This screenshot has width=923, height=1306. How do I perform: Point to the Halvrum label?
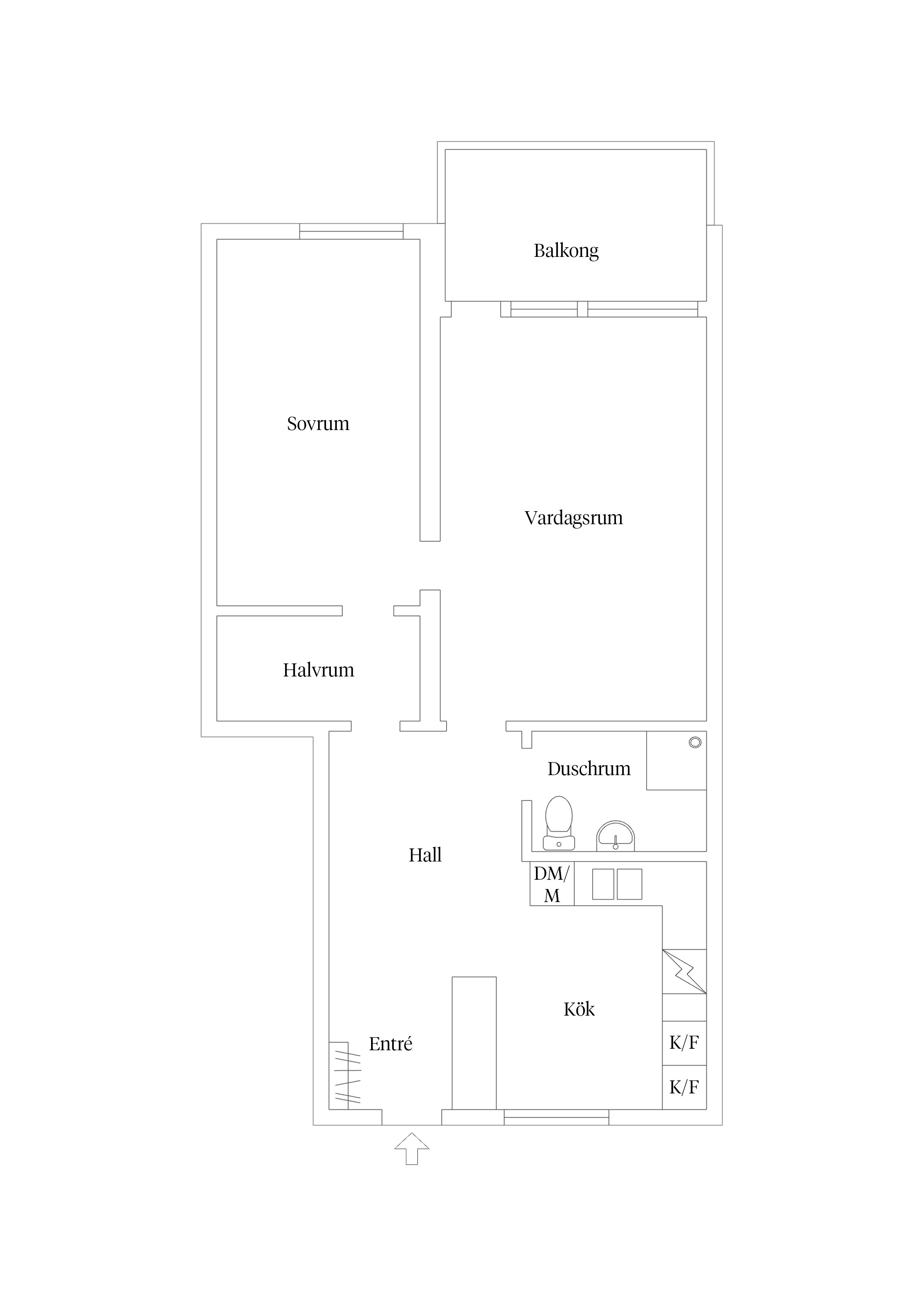pyautogui.click(x=319, y=670)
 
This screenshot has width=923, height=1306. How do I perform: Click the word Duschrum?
pyautogui.click(x=589, y=769)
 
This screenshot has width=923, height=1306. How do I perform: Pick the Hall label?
pyautogui.click(x=425, y=855)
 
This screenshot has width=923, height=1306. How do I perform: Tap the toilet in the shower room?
pyautogui.click(x=559, y=823)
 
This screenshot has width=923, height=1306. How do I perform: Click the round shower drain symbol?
pyautogui.click(x=695, y=742)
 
